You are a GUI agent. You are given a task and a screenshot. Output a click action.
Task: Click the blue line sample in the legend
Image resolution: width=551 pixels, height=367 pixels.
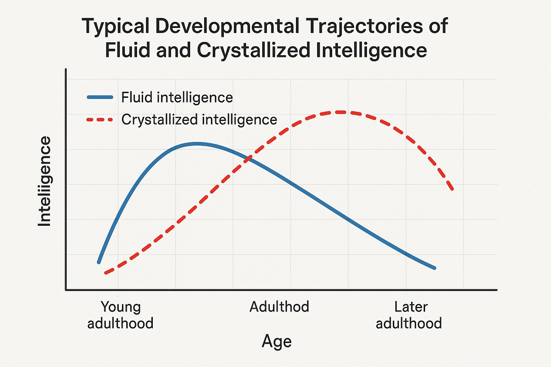(x=100, y=97)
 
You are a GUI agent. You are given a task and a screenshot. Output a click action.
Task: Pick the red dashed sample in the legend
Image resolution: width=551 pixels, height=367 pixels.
(x=100, y=120)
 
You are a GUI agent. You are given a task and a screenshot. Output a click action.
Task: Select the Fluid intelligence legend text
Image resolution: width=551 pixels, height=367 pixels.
(x=177, y=97)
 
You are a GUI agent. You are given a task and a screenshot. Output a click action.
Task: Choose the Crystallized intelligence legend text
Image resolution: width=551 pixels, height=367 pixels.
(x=199, y=120)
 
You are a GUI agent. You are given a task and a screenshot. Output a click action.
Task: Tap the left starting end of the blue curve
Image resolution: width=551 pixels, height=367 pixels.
(x=99, y=262)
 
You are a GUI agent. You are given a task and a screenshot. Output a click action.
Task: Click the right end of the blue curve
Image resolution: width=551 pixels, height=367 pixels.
(x=434, y=268)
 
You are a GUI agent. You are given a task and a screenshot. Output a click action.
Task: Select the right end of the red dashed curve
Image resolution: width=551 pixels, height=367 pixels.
(x=453, y=189)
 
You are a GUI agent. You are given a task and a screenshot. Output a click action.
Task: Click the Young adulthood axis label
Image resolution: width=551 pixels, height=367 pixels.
(x=121, y=315)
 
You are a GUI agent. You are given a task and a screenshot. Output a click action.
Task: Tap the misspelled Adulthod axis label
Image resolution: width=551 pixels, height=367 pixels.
(x=279, y=307)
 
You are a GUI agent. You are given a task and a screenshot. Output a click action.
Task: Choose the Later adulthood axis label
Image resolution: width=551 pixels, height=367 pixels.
(x=409, y=315)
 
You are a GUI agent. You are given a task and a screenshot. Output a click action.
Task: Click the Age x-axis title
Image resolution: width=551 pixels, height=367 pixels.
(x=277, y=341)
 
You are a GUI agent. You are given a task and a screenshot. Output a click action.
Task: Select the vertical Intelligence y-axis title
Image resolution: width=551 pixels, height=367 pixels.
(x=45, y=181)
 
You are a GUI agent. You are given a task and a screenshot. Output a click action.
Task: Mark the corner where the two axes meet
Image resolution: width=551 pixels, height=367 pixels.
(x=66, y=290)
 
